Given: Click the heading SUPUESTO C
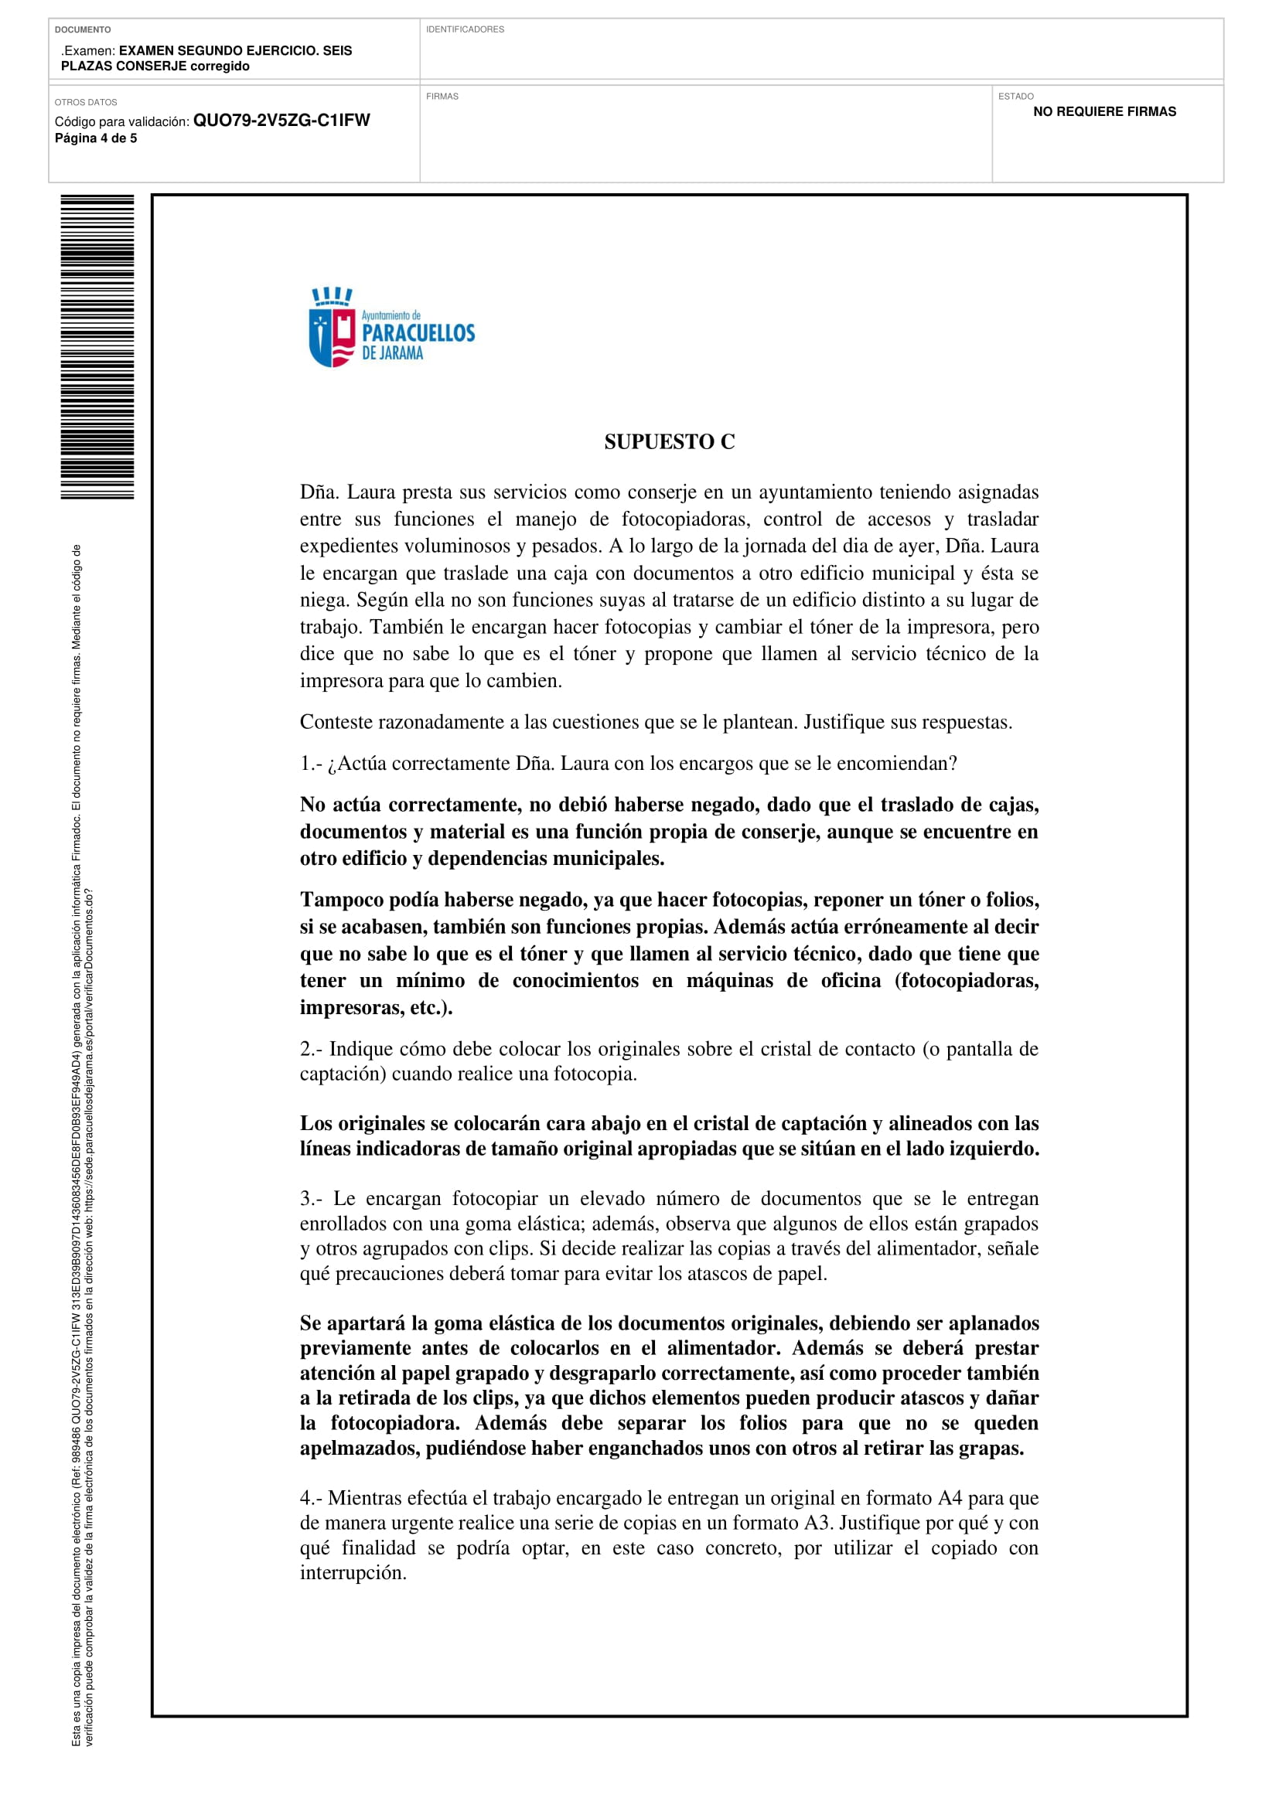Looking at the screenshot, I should [670, 443].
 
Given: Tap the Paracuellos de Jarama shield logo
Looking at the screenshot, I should [332, 329].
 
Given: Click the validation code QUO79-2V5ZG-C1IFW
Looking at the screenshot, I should [281, 121].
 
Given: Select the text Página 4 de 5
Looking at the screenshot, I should [95, 138].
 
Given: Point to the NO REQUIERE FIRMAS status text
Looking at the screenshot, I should [1104, 112].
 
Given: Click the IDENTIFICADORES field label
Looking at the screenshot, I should [465, 30].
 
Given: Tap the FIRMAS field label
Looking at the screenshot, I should [442, 97].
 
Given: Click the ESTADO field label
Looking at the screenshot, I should [1015, 97].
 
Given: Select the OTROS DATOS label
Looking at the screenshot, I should [86, 102].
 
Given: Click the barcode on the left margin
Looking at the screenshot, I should [97, 346].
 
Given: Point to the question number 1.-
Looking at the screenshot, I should [310, 764].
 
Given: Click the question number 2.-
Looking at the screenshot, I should [310, 1049].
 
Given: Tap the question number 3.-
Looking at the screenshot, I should [310, 1199].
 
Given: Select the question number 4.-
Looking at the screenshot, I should [310, 1498].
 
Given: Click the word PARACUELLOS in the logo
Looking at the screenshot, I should [418, 333].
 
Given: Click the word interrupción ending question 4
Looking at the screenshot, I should [353, 1573].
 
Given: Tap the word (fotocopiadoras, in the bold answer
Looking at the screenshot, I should [967, 981].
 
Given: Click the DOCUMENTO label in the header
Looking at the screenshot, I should [83, 30].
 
